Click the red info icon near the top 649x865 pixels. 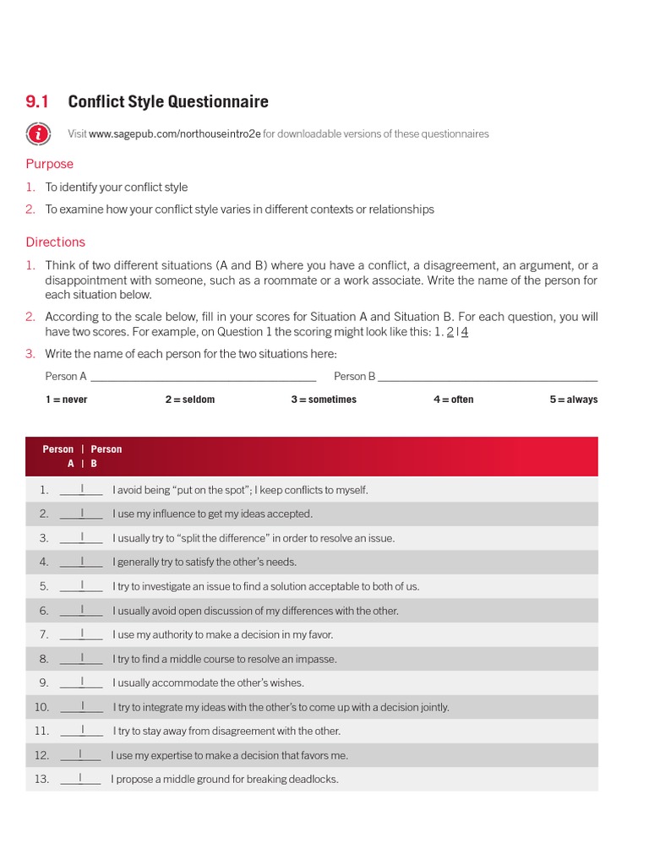[37, 133]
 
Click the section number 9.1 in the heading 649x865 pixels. [37, 102]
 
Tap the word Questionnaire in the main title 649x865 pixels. [221, 102]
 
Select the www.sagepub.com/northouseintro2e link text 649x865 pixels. [175, 134]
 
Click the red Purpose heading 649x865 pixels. [49, 164]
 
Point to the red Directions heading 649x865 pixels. [55, 242]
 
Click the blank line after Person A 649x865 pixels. [203, 378]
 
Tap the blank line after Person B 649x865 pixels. [488, 378]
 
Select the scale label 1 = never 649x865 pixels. [67, 400]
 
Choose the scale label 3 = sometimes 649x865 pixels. [324, 400]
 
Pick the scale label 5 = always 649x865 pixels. [573, 400]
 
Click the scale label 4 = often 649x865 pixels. [453, 400]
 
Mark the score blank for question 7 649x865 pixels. [81, 635]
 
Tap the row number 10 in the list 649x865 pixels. [41, 707]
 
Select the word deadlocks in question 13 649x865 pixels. [313, 780]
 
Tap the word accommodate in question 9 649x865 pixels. [192, 683]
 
